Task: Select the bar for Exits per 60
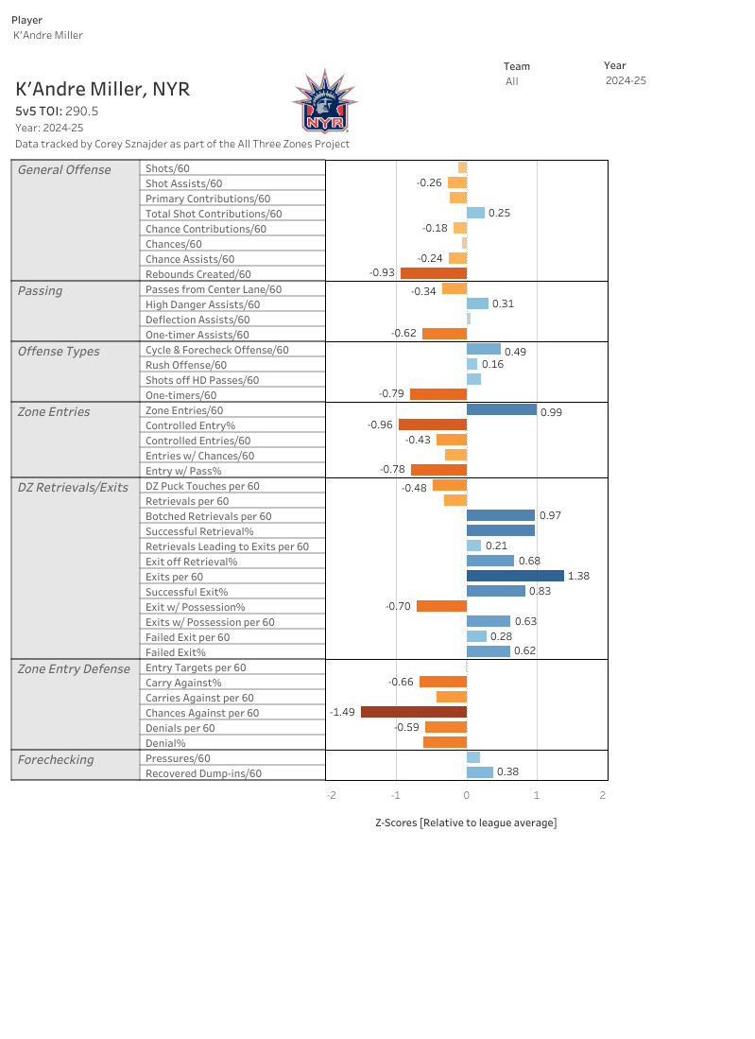click(515, 576)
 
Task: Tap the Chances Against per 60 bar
click(414, 712)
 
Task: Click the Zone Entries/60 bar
click(501, 410)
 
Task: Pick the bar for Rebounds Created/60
click(434, 273)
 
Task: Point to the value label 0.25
click(499, 214)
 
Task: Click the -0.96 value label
click(380, 425)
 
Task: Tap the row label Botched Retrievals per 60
click(208, 516)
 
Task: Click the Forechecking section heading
click(56, 759)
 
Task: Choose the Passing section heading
click(40, 290)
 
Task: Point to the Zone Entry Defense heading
click(74, 668)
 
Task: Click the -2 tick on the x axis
click(331, 795)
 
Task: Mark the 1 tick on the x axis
click(537, 795)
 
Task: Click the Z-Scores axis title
click(466, 823)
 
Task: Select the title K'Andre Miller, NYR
click(103, 89)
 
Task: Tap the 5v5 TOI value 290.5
click(81, 111)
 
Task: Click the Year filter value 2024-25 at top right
click(626, 81)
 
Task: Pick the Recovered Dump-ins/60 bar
click(480, 772)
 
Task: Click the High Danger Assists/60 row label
click(202, 304)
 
